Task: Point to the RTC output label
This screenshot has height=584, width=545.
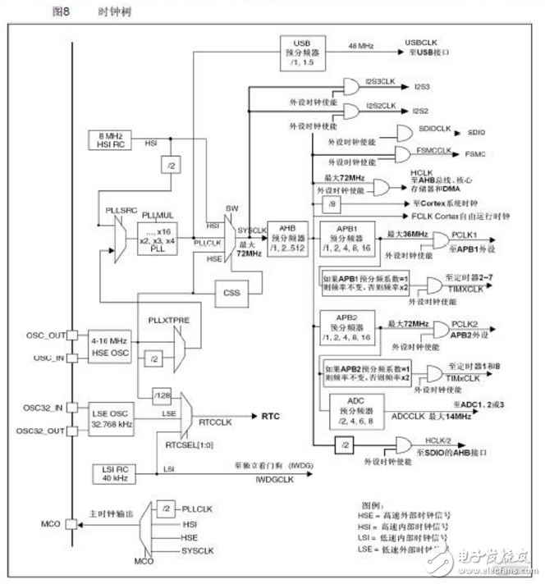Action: (x=271, y=417)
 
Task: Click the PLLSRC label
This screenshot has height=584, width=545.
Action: (x=117, y=210)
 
